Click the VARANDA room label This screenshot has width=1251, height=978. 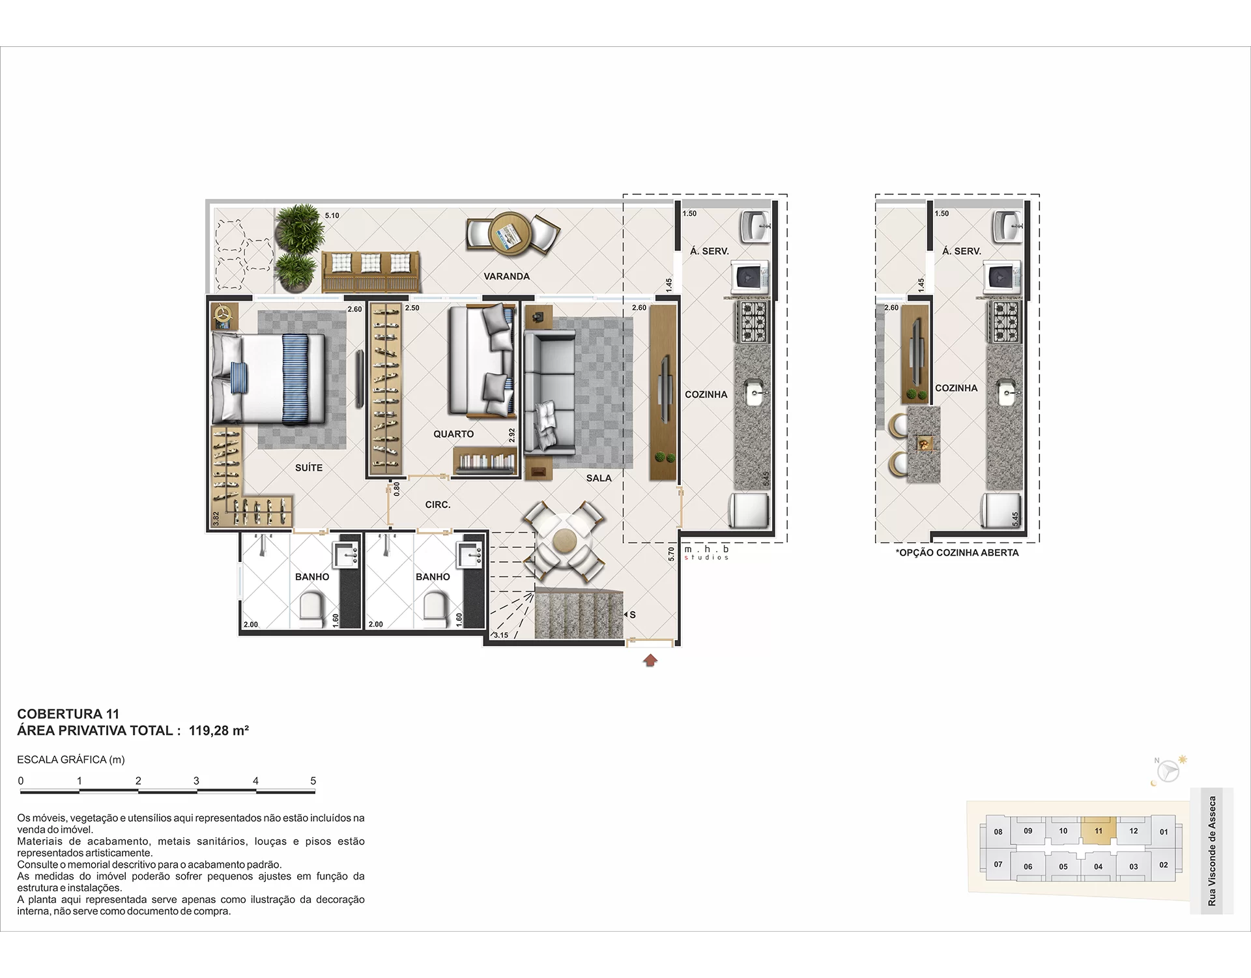(x=506, y=276)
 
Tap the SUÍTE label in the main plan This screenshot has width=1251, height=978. (x=309, y=467)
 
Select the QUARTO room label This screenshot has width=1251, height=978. (x=453, y=434)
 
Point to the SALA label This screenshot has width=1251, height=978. (x=599, y=478)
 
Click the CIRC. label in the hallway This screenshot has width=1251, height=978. (x=438, y=505)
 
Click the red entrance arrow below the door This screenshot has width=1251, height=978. (x=650, y=660)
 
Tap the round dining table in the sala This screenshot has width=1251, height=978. (x=564, y=541)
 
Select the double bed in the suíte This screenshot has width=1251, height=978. (x=268, y=378)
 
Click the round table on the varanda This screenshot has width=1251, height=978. (x=511, y=233)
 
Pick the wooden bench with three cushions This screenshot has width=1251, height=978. (x=371, y=273)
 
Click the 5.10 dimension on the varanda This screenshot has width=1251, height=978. (x=332, y=215)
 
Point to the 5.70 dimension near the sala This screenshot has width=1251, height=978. (x=672, y=554)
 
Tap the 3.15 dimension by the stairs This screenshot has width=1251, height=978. (x=500, y=635)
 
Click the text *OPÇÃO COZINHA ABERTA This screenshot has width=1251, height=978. (x=957, y=553)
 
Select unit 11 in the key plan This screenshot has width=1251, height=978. (x=1099, y=831)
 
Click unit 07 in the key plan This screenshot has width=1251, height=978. (x=998, y=865)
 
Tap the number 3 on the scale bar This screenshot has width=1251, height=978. (x=196, y=780)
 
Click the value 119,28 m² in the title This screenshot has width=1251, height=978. (x=219, y=731)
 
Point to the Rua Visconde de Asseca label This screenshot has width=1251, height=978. (x=1212, y=851)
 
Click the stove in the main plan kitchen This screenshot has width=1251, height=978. (x=753, y=322)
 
